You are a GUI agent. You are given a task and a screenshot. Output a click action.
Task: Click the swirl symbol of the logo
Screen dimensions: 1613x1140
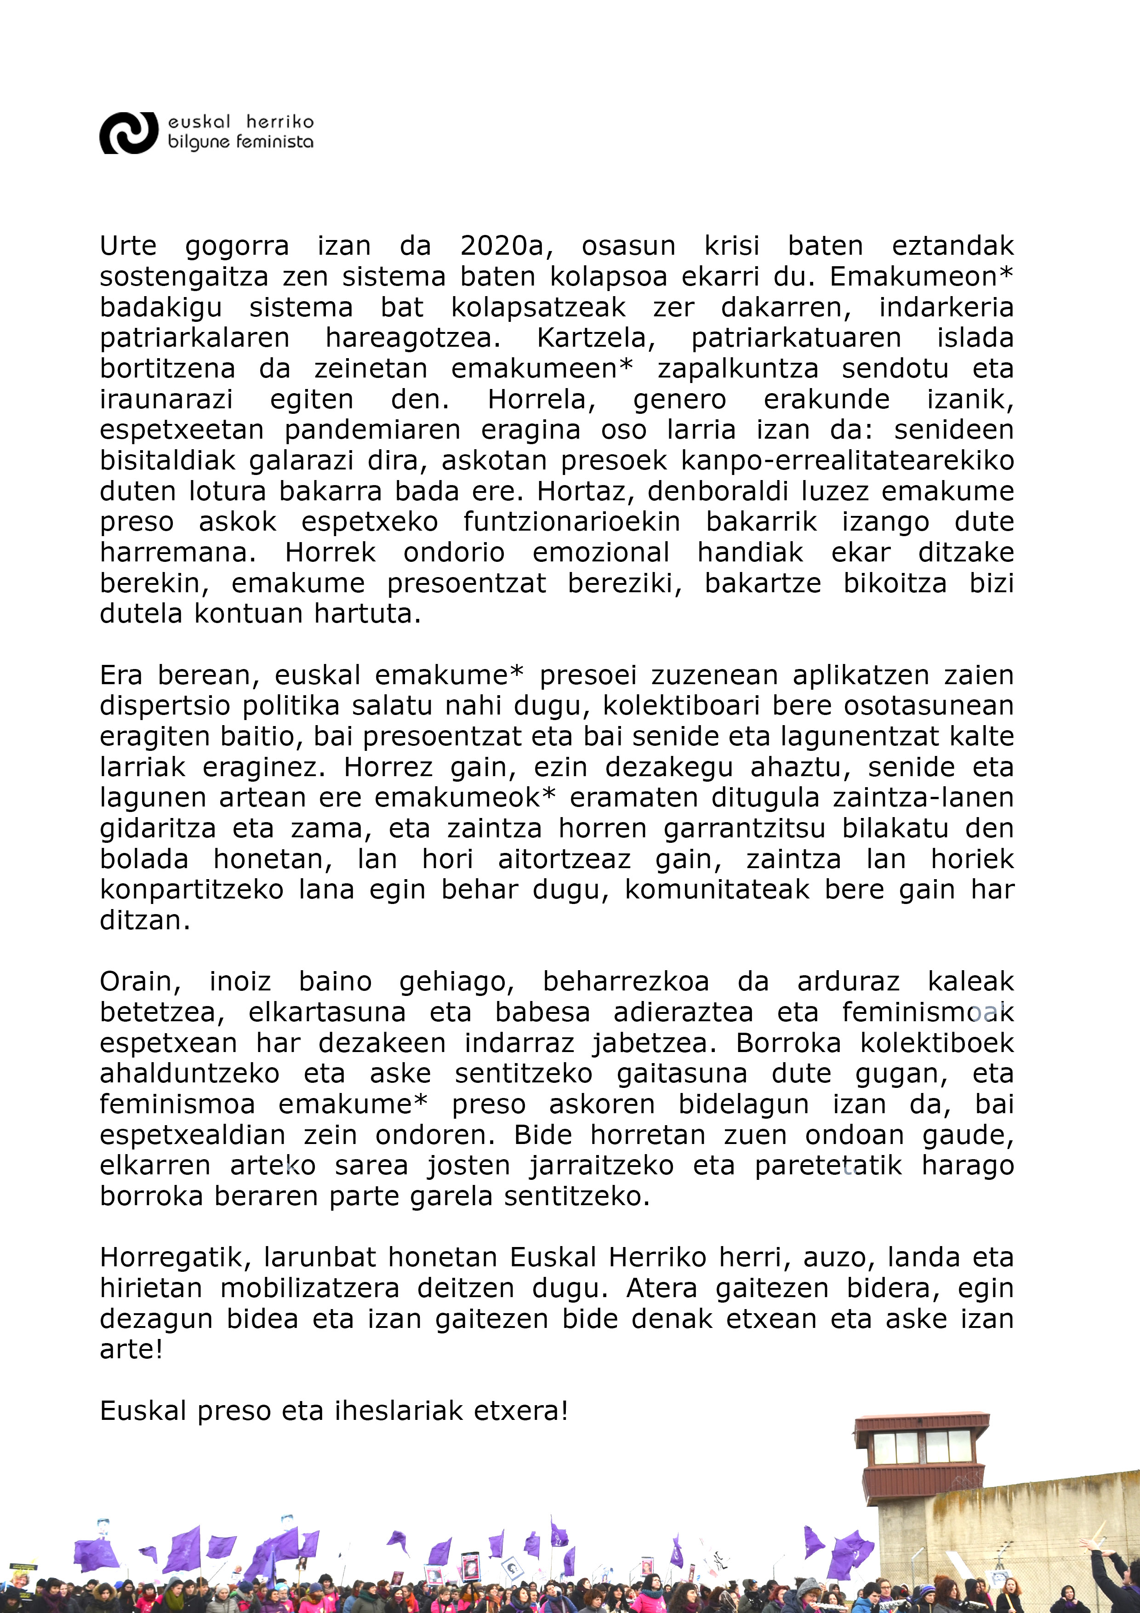pyautogui.click(x=129, y=133)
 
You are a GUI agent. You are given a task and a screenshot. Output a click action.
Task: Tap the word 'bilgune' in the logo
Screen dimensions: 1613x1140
pyautogui.click(x=199, y=142)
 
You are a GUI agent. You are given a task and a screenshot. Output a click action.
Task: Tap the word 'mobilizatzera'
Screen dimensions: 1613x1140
pyautogui.click(x=310, y=1288)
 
